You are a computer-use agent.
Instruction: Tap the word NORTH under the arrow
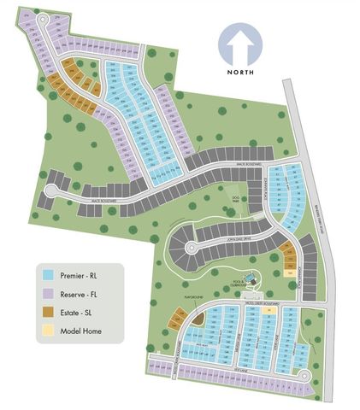241,73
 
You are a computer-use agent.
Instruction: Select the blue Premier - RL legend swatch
49,276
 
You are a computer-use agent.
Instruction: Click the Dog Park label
227,200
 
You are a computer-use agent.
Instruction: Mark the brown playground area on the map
198,318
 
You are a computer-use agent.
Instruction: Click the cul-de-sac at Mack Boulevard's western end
48,196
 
